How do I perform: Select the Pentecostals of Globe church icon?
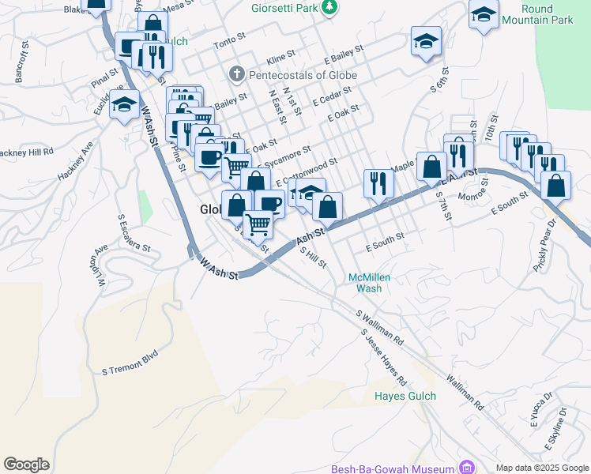pyautogui.click(x=235, y=75)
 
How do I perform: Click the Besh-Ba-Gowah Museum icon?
pyautogui.click(x=466, y=468)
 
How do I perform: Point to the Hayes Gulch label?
pyautogui.click(x=404, y=396)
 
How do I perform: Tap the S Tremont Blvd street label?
pyautogui.click(x=130, y=362)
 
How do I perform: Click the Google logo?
pyautogui.click(x=26, y=465)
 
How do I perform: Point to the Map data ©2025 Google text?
pyautogui.click(x=541, y=468)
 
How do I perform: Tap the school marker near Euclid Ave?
pyautogui.click(x=124, y=104)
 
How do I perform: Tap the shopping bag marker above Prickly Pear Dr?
pyautogui.click(x=557, y=186)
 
